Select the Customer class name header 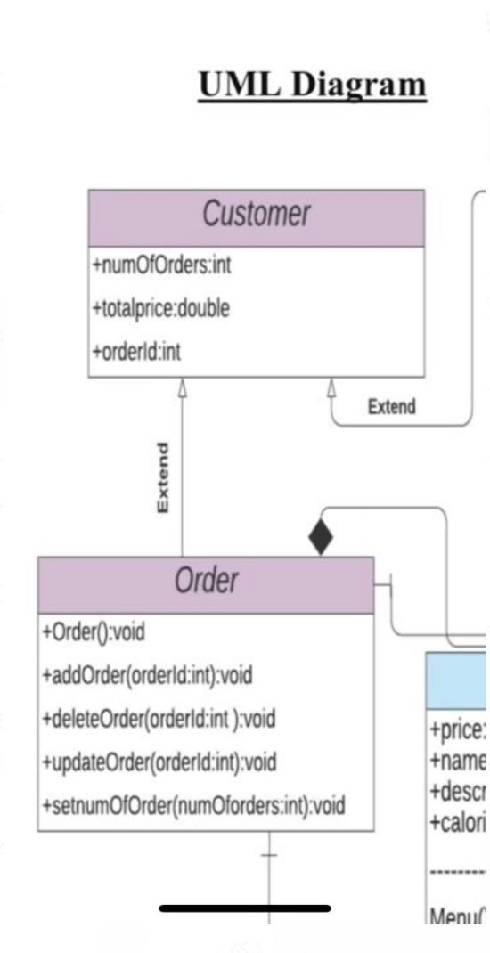[256, 215]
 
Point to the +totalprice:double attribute [160, 308]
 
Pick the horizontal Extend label [391, 407]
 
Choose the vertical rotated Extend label [162, 476]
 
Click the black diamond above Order [320, 537]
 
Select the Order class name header [206, 582]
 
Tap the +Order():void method [93, 632]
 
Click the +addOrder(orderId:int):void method [147, 676]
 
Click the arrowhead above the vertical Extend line [183, 387]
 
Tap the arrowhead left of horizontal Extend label [331, 387]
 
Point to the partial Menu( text [458, 914]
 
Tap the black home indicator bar [245, 908]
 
